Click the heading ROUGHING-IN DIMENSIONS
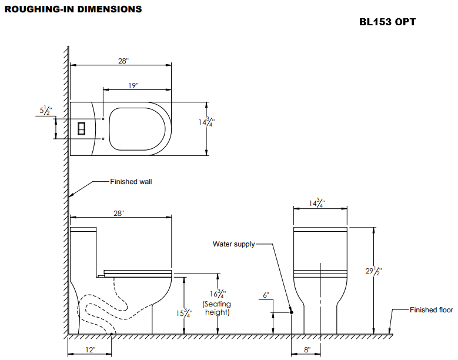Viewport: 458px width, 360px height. pos(73,9)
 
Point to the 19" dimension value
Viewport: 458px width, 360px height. pos(133,86)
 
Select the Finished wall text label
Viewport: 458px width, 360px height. pos(131,182)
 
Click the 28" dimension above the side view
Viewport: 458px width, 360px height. pos(119,214)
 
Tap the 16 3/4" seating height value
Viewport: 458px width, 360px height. pos(217,293)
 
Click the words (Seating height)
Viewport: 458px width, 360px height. pos(217,308)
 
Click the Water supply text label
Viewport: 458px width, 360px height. pos(233,244)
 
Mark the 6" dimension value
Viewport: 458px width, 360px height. pos(266,295)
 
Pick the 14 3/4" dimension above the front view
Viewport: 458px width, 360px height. pos(317,204)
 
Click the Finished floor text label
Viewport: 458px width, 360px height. pos(431,310)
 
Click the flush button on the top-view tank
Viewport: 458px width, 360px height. pos(82,128)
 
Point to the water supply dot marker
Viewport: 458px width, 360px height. pos(291,312)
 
